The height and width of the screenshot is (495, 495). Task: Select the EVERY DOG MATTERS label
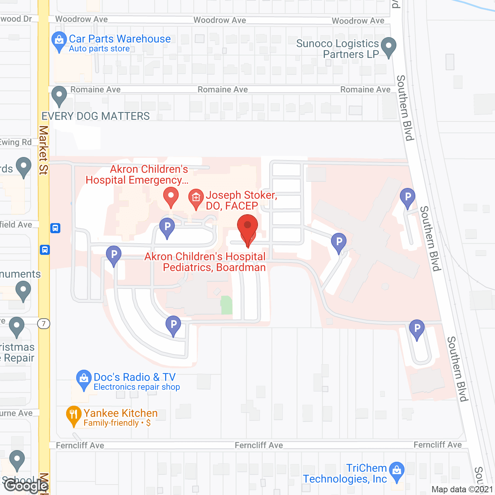96,116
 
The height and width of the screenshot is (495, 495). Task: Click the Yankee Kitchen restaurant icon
73,415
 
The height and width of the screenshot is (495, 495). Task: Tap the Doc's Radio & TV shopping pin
84,379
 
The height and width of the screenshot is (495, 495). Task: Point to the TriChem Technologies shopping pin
397,471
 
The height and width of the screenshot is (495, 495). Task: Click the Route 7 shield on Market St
44,323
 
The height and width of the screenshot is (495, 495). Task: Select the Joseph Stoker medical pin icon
196,198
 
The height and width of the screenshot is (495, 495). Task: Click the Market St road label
43,150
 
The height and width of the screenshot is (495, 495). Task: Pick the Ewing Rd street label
15,142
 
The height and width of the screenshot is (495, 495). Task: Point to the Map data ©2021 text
462,489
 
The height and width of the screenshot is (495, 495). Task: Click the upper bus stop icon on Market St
55,228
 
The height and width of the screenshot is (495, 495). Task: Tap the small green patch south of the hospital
227,305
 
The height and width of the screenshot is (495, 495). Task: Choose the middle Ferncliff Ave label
259,445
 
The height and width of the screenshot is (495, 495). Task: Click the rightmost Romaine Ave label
365,90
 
